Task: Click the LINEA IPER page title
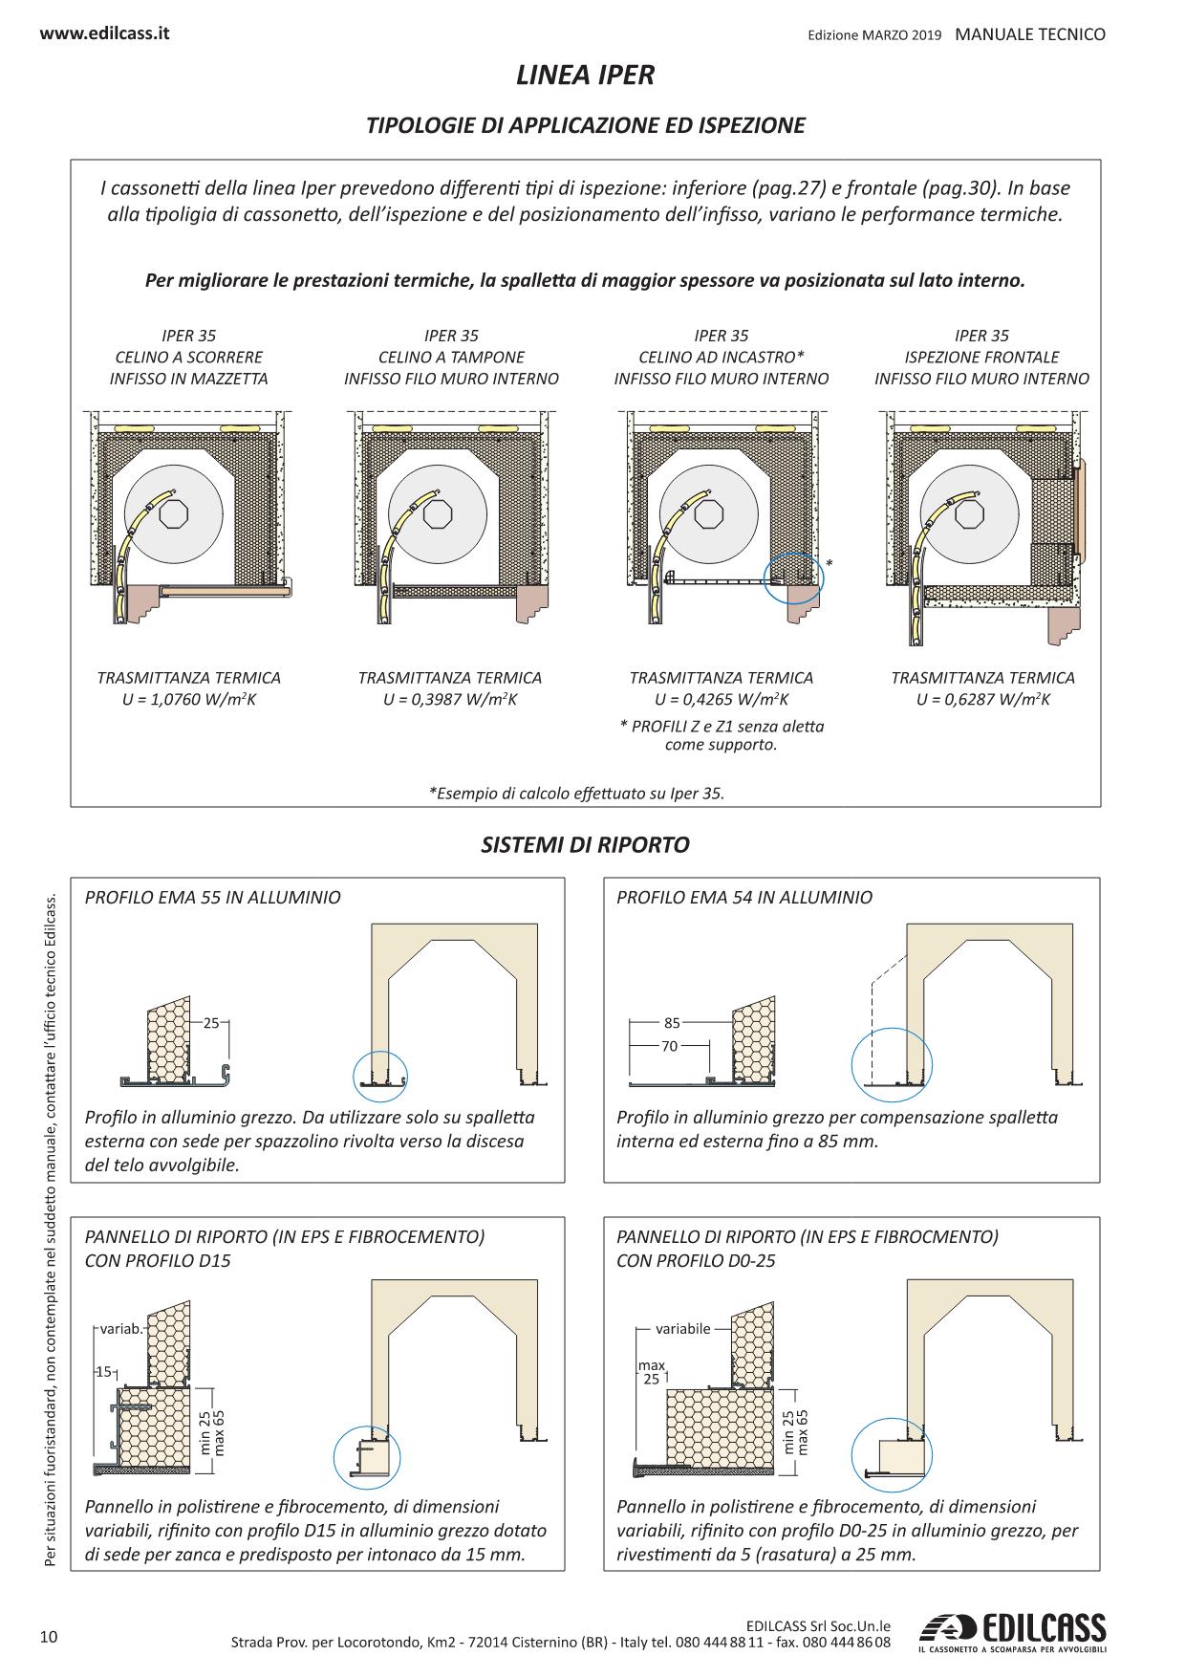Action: tap(585, 76)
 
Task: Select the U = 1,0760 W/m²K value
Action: tap(189, 700)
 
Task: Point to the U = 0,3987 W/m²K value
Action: tap(450, 700)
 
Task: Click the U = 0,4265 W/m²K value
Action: tap(722, 700)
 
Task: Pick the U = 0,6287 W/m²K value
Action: tap(982, 700)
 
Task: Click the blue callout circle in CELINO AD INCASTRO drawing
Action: tap(793, 577)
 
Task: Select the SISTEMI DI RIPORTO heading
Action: tap(585, 845)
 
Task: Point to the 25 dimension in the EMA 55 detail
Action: tap(211, 1022)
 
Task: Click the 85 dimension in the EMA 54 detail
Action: tap(672, 1023)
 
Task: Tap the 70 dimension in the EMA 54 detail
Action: tap(669, 1046)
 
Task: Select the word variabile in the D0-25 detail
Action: tap(682, 1329)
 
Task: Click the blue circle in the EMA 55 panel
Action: tap(380, 1076)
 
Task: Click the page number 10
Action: tap(49, 1637)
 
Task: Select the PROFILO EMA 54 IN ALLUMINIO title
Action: tap(744, 898)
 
